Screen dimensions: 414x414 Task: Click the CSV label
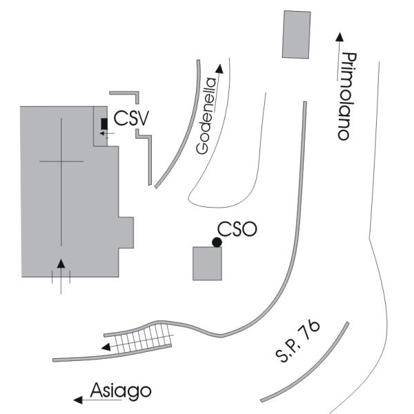point(131,119)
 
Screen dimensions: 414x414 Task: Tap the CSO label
point(237,229)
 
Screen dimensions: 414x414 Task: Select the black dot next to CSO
point(217,241)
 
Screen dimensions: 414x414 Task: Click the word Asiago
point(120,391)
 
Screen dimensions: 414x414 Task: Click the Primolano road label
point(349,96)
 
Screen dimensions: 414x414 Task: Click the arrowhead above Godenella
point(219,68)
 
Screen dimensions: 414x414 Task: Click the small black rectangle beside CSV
point(104,124)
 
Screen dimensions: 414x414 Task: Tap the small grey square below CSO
point(208,264)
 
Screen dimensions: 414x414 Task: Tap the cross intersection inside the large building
point(61,161)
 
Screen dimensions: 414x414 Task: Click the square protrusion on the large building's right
point(126,232)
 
